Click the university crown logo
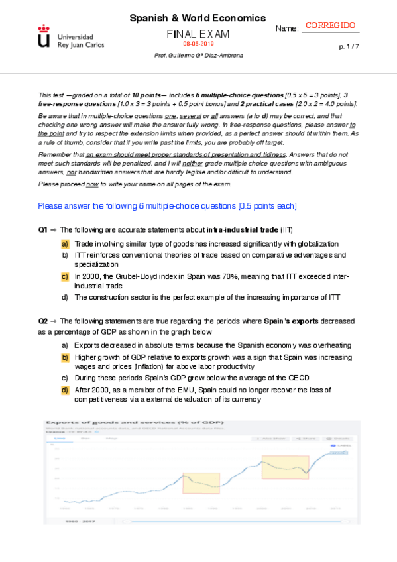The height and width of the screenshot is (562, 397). (x=44, y=37)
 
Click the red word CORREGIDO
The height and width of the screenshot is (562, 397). (x=331, y=25)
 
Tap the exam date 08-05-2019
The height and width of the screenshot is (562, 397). (x=197, y=44)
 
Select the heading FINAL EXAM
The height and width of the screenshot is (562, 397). (x=198, y=33)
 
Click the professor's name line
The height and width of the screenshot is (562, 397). (x=198, y=56)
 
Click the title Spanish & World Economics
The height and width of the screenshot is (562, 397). (x=198, y=19)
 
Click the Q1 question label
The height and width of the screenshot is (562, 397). (x=43, y=230)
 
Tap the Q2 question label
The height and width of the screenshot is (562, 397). (x=43, y=321)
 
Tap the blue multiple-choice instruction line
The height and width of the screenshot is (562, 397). (x=168, y=207)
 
